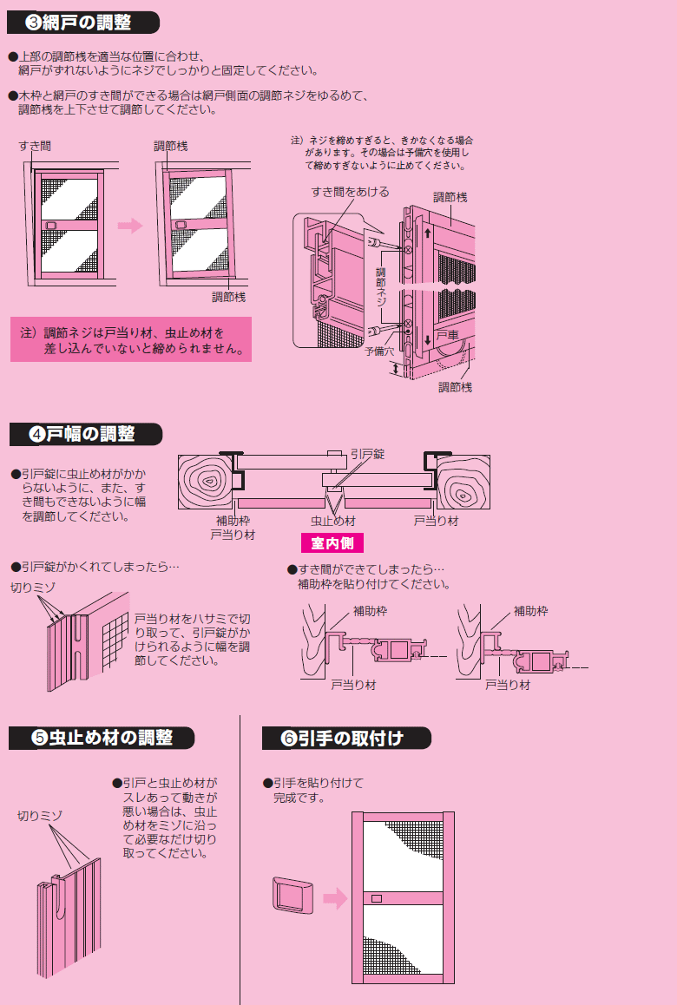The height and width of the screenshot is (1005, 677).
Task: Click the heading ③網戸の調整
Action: coord(82,23)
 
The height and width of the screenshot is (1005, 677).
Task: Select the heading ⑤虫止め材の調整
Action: coord(102,738)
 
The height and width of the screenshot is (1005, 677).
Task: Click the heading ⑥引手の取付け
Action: coord(346,739)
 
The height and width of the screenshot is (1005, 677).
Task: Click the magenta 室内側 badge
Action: coord(332,543)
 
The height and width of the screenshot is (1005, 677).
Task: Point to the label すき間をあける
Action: coord(350,192)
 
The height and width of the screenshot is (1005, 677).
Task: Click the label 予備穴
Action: coord(379,351)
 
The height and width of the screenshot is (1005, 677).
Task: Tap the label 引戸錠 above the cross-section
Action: coord(367,454)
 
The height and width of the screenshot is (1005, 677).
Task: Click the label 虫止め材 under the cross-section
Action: coord(332,521)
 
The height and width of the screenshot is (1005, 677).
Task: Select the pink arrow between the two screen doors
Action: coord(130,226)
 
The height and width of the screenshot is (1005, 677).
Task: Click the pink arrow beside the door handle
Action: coord(335,898)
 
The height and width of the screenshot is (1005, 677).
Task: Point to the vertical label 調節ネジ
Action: coord(381,286)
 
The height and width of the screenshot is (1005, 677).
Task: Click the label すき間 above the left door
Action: coord(35,146)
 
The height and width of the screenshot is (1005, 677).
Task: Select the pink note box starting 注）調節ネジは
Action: coord(131,339)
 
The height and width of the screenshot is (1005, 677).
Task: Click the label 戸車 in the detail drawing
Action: coord(448,335)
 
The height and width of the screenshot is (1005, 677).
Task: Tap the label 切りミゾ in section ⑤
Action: coord(40,816)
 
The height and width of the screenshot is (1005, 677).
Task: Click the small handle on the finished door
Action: coord(377,898)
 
